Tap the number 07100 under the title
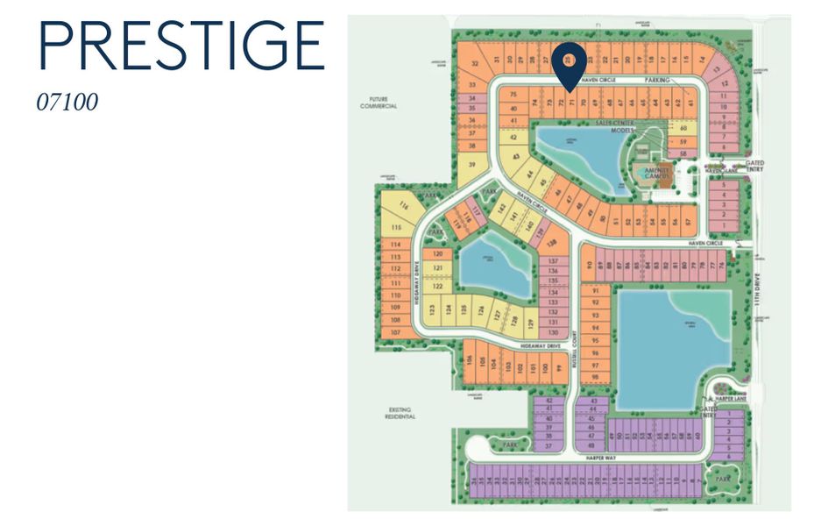click(67, 102)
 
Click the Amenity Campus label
click(657, 172)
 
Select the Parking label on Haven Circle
click(657, 80)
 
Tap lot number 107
click(395, 333)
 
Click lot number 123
click(432, 309)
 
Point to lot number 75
click(513, 95)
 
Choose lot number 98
click(595, 377)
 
